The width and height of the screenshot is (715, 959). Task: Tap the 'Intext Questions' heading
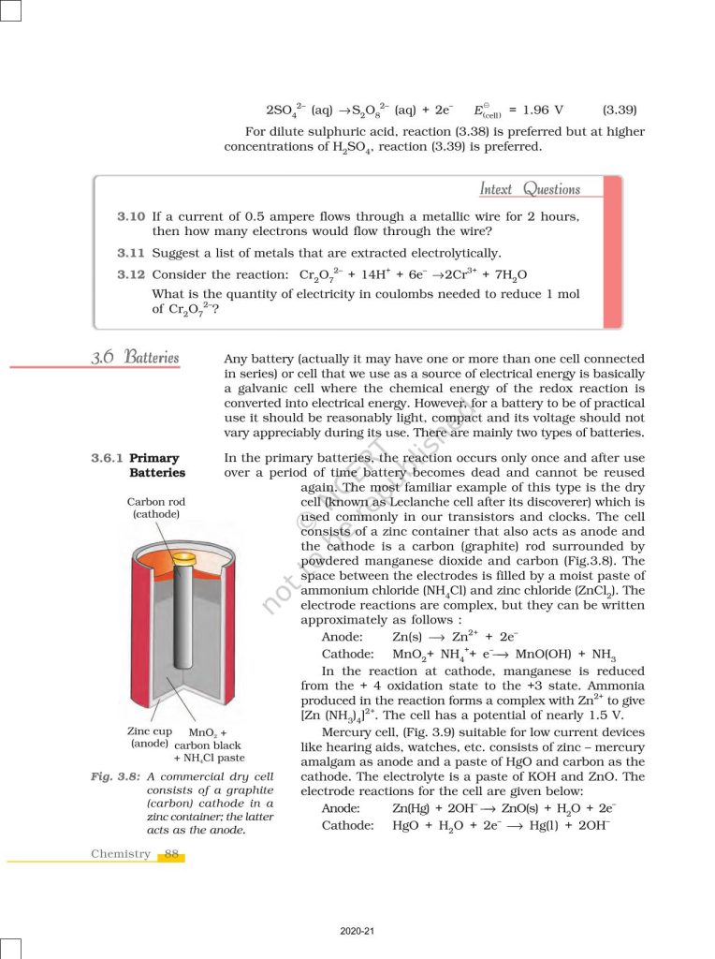(530, 189)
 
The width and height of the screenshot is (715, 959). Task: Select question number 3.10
(131, 216)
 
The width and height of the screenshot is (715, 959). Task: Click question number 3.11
(131, 253)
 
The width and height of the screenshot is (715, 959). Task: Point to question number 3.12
(131, 275)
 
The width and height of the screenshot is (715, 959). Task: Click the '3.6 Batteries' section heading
(135, 358)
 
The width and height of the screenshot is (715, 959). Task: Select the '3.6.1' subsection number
(107, 458)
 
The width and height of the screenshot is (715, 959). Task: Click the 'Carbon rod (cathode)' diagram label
(156, 509)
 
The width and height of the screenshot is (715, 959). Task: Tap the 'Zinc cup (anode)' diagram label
(150, 738)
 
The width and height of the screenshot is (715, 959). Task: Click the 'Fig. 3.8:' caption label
(116, 777)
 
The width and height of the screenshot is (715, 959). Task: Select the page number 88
(171, 854)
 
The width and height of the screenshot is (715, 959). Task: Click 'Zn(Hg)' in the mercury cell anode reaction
(414, 808)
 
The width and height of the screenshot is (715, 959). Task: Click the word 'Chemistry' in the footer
(121, 854)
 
